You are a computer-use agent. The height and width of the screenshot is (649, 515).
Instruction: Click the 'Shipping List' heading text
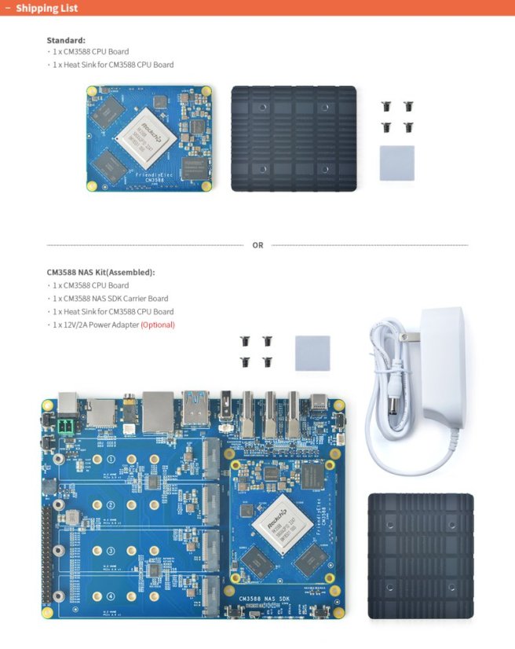pos(46,8)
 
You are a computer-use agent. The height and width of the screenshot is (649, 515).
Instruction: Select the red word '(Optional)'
pos(158,324)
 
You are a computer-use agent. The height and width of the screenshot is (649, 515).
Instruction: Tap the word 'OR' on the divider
pos(257,245)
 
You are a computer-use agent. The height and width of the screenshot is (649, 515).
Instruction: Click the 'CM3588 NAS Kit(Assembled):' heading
pos(100,272)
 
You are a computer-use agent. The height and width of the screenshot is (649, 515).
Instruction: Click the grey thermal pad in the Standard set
pos(396,163)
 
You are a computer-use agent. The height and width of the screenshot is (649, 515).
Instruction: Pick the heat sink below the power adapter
pos(421,555)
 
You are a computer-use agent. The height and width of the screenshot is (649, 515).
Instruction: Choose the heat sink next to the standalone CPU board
pos(294,138)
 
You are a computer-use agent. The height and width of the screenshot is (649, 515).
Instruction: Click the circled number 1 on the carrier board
pos(111,459)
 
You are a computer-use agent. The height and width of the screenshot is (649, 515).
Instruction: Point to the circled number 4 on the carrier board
pos(111,595)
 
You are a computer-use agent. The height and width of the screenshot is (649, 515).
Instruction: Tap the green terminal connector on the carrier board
pos(66,427)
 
